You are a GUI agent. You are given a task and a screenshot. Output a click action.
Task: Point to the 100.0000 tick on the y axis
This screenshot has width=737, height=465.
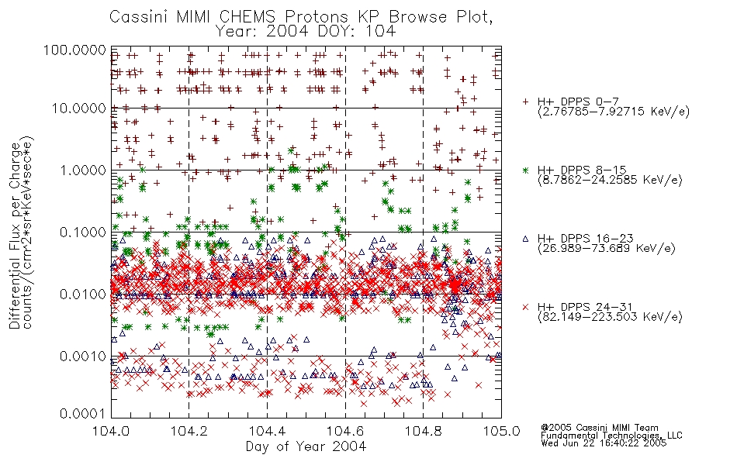click(75, 50)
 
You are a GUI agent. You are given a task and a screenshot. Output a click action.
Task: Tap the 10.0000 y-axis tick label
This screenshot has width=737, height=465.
click(78, 108)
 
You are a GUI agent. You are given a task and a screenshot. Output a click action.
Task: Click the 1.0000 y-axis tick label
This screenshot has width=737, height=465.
click(82, 170)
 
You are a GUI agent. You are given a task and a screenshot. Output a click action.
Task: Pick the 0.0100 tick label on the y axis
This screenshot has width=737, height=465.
click(82, 294)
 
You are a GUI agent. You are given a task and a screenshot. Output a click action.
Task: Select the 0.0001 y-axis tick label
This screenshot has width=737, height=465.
click(82, 414)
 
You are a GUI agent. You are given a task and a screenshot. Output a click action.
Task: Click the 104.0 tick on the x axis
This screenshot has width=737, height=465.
click(111, 431)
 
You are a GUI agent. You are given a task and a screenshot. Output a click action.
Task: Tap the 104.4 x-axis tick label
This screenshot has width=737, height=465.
click(268, 431)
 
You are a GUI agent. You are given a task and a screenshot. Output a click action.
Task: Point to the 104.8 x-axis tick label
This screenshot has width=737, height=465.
click(423, 431)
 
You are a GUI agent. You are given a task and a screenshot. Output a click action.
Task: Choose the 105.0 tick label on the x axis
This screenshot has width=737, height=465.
click(501, 431)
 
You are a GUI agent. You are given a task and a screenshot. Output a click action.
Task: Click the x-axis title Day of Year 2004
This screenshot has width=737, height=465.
click(306, 446)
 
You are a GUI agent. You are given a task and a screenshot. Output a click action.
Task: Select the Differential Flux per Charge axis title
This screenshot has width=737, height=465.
click(15, 236)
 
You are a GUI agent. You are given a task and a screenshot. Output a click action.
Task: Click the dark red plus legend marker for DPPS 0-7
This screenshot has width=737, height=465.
click(525, 102)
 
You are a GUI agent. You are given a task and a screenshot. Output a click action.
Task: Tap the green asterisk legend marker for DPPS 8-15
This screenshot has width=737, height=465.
click(525, 170)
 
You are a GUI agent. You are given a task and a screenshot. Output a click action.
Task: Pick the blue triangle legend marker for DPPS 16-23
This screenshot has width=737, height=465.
click(525, 239)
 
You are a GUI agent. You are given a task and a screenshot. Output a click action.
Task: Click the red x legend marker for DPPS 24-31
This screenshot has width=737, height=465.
click(525, 307)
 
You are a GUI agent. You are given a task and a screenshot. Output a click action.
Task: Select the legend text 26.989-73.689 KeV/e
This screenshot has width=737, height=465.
click(607, 248)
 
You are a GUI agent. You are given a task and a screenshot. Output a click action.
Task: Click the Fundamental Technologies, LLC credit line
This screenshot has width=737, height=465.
click(611, 436)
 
